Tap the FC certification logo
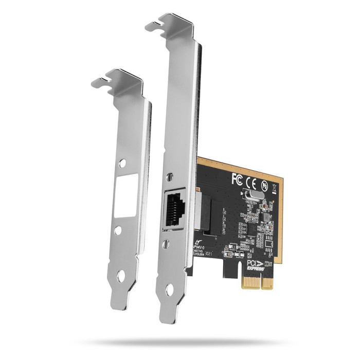[237, 179]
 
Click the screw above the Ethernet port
[168, 177]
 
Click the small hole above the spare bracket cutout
[122, 164]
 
